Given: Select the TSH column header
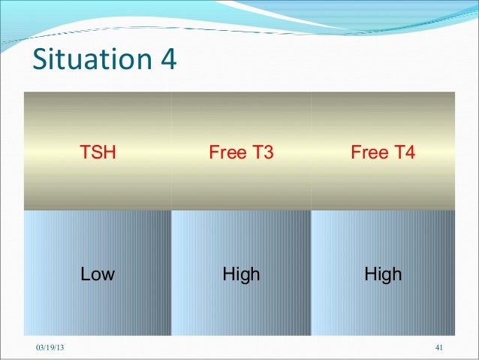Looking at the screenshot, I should coord(98,153).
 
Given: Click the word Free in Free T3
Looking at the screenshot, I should coord(227,153).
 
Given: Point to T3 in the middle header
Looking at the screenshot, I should coord(261,153).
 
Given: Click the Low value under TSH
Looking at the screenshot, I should coord(98,274).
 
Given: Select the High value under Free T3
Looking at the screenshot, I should coord(241,274).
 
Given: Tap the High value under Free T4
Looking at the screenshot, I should coord(383,274).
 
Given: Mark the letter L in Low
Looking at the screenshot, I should coord(86,274).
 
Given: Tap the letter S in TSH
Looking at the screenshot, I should coord(98,153).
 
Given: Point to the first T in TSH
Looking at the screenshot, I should coord(87,153).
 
